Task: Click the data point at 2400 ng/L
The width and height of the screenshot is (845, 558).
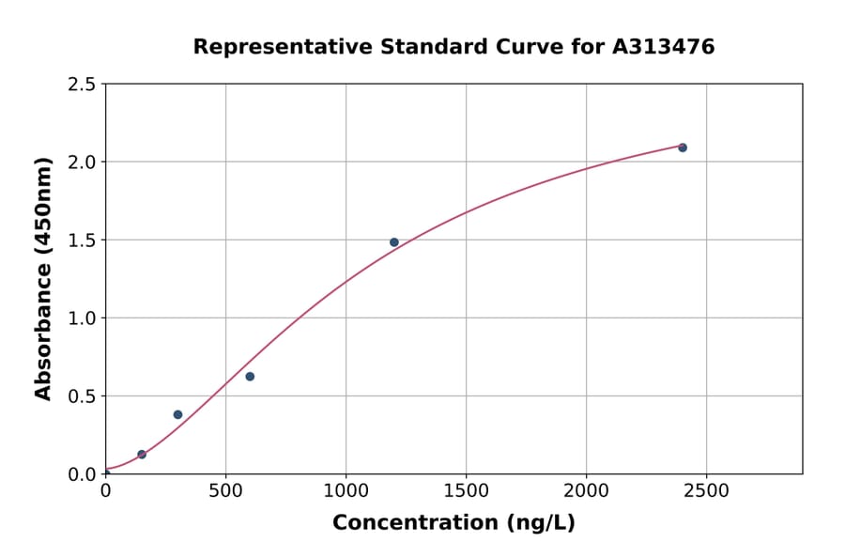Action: pyautogui.click(x=683, y=147)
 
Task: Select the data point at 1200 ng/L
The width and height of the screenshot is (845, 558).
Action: pyautogui.click(x=394, y=242)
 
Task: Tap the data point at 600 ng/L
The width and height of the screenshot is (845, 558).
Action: pyautogui.click(x=250, y=377)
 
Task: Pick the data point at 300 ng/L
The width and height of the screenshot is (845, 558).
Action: pyautogui.click(x=177, y=414)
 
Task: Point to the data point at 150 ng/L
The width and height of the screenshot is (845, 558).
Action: pyautogui.click(x=142, y=455)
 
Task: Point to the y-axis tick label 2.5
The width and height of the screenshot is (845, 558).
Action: pyautogui.click(x=82, y=85)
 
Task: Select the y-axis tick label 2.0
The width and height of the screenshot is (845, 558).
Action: pyautogui.click(x=82, y=163)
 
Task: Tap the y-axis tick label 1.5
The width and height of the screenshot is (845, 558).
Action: pyautogui.click(x=82, y=240)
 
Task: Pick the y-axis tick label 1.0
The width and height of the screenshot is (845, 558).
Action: pyautogui.click(x=82, y=318)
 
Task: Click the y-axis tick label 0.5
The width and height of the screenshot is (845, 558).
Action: pyautogui.click(x=82, y=396)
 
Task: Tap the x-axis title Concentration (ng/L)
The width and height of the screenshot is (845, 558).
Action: pyautogui.click(x=453, y=523)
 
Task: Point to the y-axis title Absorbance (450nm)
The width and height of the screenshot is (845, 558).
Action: pyautogui.click(x=43, y=278)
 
